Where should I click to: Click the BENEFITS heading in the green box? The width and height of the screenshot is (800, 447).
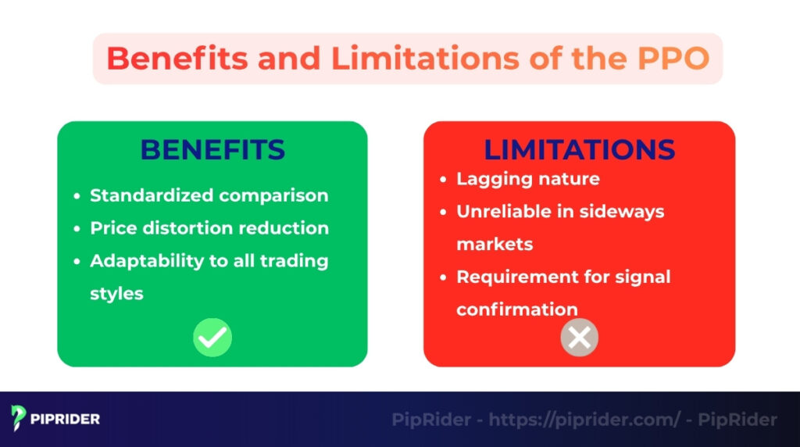coord(212,149)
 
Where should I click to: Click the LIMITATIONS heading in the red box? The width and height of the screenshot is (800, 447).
coord(579,149)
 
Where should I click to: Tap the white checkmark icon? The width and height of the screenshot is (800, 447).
coord(212,338)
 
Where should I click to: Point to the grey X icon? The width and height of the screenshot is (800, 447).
coord(579,338)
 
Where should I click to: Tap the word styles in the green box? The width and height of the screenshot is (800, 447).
coord(116,294)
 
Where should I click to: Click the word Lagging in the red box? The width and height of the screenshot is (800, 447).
coord(490,179)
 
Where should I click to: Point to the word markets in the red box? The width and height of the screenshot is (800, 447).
coord(495,245)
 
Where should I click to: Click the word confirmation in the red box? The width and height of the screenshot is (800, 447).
coord(517,309)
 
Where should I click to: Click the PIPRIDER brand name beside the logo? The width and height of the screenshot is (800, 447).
coord(66,420)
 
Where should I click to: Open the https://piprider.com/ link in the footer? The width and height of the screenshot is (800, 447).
coord(584,420)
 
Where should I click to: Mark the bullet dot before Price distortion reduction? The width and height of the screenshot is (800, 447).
coord(77,229)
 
